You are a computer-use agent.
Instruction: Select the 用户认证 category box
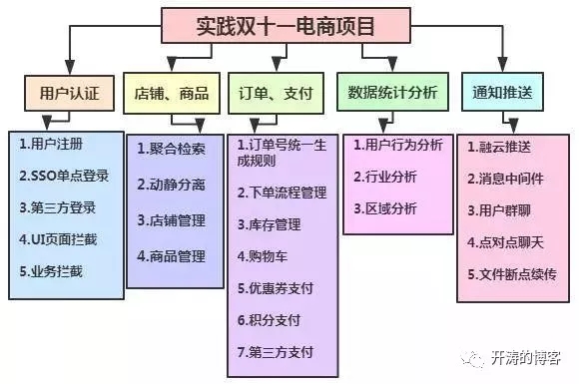tap(62, 92)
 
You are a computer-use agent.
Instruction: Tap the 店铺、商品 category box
tap(171, 93)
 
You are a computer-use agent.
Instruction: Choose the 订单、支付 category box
tap(275, 93)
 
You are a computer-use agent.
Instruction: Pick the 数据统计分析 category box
tap(392, 93)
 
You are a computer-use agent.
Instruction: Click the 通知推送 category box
tap(502, 93)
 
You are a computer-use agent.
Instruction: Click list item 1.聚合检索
tap(171, 150)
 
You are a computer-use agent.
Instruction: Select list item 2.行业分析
tap(385, 177)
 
